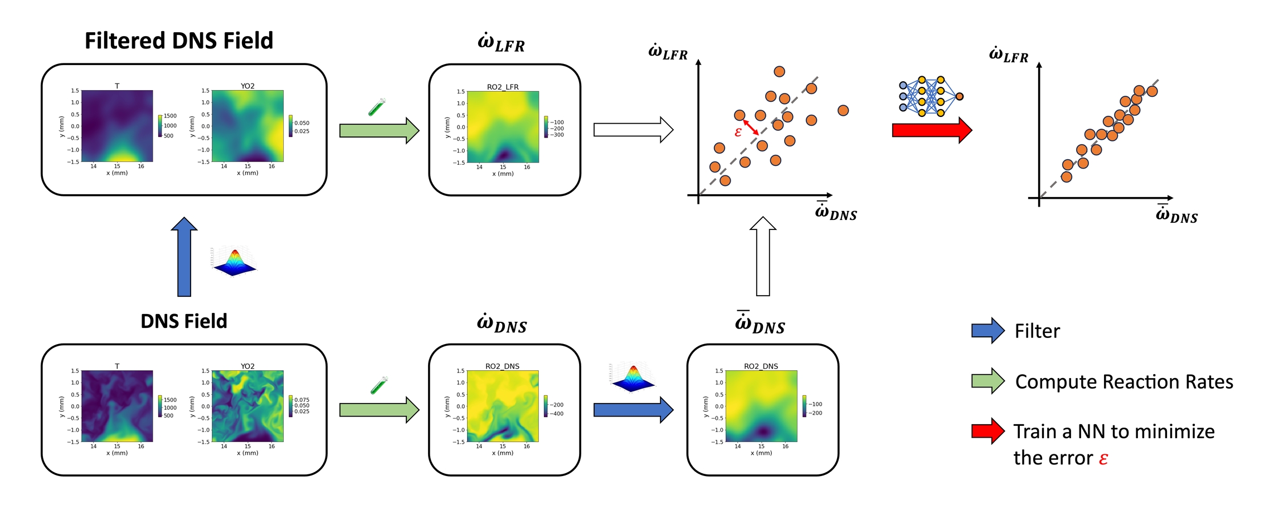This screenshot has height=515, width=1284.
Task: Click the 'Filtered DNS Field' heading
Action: (x=179, y=41)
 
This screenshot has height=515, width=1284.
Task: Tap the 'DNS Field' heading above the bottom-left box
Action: (x=184, y=321)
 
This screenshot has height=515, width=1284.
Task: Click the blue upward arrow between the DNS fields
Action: (x=184, y=257)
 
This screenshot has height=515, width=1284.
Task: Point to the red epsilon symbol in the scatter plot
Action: (x=738, y=132)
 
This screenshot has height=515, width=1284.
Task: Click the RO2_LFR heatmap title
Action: (x=503, y=87)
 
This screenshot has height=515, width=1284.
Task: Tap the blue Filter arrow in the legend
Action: (x=988, y=331)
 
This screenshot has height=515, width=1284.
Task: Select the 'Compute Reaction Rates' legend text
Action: (x=1124, y=382)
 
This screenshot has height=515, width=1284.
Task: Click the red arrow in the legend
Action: (x=988, y=431)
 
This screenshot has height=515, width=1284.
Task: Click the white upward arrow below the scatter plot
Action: (x=763, y=256)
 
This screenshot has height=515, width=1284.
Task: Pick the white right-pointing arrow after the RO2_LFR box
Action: (x=633, y=130)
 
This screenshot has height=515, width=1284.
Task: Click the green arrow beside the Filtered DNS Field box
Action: (x=379, y=131)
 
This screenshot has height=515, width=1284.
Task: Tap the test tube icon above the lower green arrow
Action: (x=379, y=385)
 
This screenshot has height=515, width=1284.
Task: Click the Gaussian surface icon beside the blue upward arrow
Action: (x=235, y=262)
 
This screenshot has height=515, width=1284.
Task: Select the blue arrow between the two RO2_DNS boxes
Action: (x=633, y=410)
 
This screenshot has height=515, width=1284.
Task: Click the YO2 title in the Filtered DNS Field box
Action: (x=247, y=86)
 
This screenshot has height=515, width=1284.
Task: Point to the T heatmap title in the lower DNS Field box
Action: (x=117, y=366)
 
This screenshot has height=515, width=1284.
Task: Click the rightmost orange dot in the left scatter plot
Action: (x=843, y=110)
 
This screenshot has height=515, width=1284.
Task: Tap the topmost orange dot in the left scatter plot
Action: (x=780, y=71)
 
